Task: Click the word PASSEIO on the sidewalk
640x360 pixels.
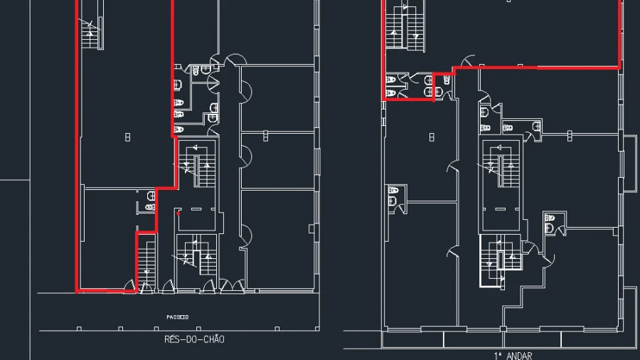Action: coord(178,317)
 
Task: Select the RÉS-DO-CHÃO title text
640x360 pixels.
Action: coord(194,339)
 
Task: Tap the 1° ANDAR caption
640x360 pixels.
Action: coord(513,356)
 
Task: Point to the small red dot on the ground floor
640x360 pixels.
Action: coord(178,213)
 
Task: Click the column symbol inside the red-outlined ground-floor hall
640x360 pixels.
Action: coord(128,137)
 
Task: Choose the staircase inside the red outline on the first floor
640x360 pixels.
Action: coord(405,26)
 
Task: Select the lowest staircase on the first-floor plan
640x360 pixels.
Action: coord(501,260)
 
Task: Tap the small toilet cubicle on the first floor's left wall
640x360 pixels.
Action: coord(396,198)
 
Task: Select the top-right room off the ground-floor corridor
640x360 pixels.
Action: coord(277,98)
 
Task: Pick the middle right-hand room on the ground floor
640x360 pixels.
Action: coord(277,161)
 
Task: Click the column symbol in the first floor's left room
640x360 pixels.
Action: coord(432,137)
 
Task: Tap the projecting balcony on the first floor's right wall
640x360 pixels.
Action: coord(630,163)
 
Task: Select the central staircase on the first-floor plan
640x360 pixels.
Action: coord(501,165)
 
